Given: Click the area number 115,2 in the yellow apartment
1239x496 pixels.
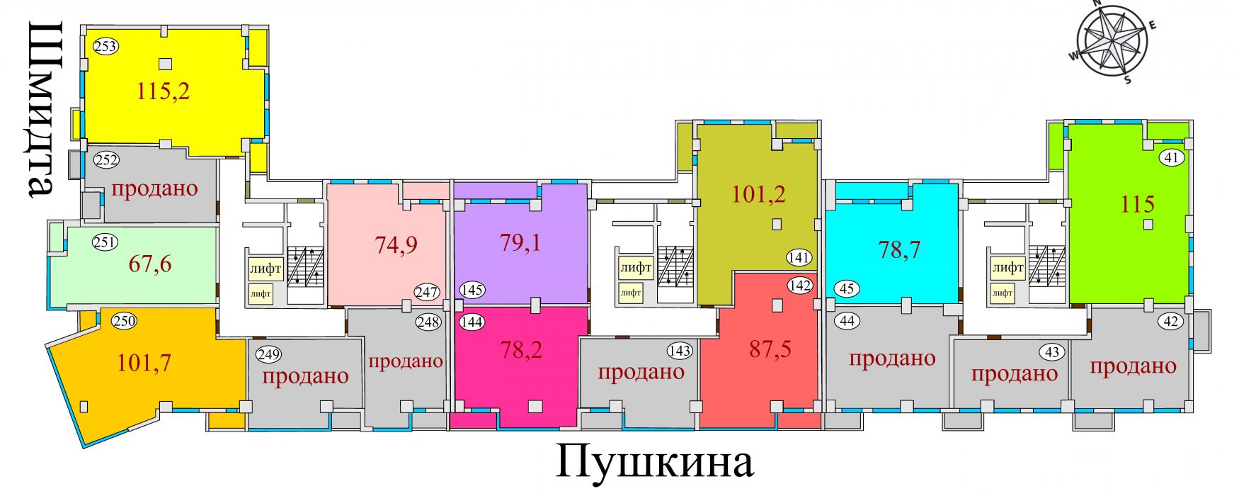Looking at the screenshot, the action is coord(164,91).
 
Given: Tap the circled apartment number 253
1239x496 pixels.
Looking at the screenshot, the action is coord(105,47).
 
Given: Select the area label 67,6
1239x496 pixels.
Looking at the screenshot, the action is coord(150,264).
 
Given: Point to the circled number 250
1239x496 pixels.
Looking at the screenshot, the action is coord(124,321).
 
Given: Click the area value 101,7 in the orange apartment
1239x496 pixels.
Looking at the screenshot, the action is coord(144,363).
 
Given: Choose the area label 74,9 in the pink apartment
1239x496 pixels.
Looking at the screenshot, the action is coord(396,244).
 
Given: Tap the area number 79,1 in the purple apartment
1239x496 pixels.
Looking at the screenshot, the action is coord(520,242).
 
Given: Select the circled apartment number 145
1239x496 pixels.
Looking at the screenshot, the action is coord(472,290).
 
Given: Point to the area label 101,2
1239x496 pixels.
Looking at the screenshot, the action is coord(758,193).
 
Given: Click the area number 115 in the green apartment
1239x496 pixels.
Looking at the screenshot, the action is coord(1138,204).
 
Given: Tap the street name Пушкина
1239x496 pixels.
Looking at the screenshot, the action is coord(655,462).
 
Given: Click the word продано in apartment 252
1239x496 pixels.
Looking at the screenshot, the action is coord(154,189).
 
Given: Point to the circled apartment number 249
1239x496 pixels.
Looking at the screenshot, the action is coord(269,354).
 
